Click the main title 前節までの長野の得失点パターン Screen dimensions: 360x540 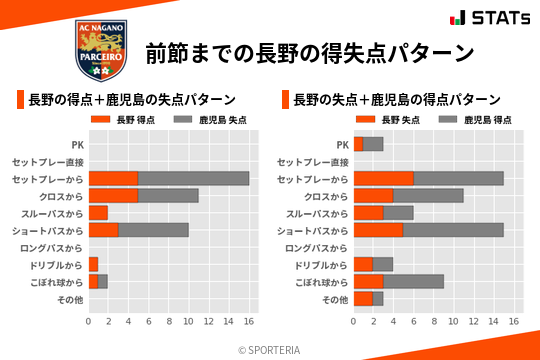pos(309,52)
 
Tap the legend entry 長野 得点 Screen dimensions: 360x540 pos(121,120)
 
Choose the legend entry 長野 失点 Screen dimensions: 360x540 pos(386,120)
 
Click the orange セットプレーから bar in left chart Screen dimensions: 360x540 pos(113,178)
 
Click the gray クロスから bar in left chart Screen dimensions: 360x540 pos(168,195)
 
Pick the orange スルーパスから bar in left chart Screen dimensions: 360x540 pos(98,212)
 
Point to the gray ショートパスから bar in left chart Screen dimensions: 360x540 pos(153,230)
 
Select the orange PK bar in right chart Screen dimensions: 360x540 pos(358,144)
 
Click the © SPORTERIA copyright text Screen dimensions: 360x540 pos(270,349)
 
